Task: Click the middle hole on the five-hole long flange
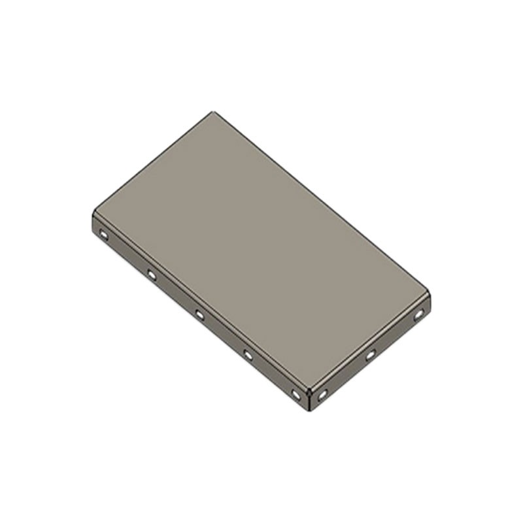(199, 315)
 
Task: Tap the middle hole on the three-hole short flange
(370, 355)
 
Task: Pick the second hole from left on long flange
(152, 275)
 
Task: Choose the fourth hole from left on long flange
(248, 355)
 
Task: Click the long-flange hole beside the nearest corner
(295, 395)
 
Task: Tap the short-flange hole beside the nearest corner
(322, 395)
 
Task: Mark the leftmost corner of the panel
(93, 212)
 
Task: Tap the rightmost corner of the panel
(430, 294)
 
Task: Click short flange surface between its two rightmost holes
(394, 335)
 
